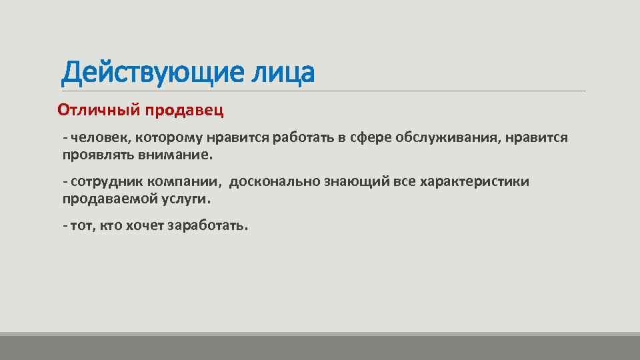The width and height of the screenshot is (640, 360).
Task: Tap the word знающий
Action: click(x=357, y=181)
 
